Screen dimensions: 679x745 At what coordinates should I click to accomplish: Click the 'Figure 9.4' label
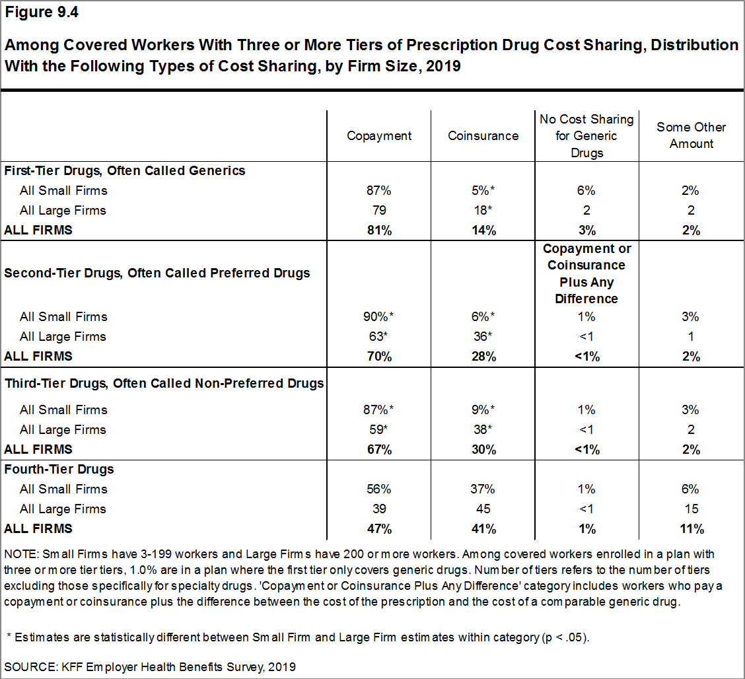pos(41,13)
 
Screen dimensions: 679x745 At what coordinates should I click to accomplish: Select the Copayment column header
pos(379,135)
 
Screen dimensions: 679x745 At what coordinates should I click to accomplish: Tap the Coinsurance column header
pos(483,135)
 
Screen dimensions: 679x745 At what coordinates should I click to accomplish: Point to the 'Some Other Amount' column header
pos(691,135)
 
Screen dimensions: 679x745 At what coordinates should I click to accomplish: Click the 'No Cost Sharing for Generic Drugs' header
pos(586,135)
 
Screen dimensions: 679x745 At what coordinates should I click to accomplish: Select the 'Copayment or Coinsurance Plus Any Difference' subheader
pos(586,273)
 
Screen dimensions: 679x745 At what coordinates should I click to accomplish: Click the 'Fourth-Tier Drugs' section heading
pos(59,469)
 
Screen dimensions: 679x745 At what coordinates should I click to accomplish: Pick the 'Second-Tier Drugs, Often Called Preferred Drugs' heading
pos(157,273)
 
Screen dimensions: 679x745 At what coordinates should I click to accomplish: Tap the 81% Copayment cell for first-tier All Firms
pos(379,231)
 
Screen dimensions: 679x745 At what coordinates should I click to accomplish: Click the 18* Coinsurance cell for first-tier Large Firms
pos(483,211)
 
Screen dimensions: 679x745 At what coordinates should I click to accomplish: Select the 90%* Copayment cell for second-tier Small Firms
pos(379,316)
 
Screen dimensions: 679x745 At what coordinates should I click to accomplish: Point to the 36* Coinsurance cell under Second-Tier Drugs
pos(483,336)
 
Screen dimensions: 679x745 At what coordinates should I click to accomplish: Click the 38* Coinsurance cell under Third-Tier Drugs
pos(483,429)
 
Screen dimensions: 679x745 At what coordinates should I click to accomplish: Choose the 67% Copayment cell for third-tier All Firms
pos(379,449)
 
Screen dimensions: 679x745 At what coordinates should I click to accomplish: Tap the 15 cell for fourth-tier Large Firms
pos(691,509)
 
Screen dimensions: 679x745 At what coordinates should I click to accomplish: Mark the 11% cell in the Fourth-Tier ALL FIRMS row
pos(691,528)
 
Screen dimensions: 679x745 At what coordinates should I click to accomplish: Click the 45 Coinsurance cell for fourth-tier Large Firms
pos(483,509)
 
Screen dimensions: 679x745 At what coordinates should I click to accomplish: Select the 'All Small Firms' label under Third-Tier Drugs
pos(63,410)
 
